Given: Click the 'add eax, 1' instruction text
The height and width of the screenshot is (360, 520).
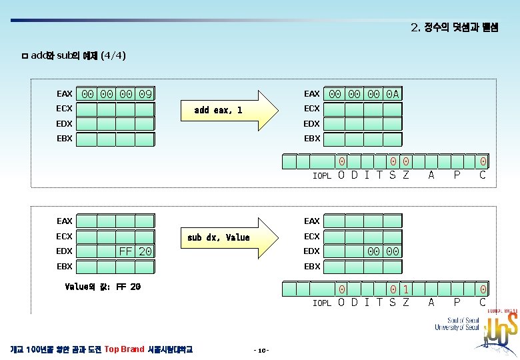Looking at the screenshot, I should [x=218, y=110].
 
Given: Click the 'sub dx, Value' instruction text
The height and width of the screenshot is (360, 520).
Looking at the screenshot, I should [x=219, y=237].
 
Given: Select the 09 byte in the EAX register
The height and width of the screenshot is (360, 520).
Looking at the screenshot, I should [x=145, y=94].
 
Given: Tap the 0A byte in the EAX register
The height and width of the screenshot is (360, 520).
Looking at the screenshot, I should [x=393, y=94].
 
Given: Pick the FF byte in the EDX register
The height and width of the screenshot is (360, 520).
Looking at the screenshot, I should [x=125, y=251].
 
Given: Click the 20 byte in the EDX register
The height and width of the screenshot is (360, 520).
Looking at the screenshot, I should [x=145, y=251].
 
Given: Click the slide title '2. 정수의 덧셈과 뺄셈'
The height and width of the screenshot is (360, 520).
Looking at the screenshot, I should [x=454, y=28].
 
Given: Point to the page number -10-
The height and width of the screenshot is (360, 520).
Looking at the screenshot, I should [x=261, y=350].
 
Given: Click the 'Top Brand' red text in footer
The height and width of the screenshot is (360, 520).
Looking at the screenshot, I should [x=125, y=349].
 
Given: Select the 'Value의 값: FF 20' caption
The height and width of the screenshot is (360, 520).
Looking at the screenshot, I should [x=103, y=287].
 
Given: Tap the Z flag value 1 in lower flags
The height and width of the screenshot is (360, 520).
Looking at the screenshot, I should [x=406, y=290].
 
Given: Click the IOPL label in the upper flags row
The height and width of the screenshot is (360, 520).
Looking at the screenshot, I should [x=322, y=176].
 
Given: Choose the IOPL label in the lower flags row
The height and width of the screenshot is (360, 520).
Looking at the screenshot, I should [x=322, y=303].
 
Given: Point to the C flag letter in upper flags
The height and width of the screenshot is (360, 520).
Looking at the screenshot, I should [x=483, y=175].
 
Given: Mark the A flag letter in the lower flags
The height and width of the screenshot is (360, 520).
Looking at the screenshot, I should [x=431, y=302].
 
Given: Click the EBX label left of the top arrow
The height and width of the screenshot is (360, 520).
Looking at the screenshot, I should [x=65, y=139].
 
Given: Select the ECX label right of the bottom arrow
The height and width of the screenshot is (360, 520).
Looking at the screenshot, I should [x=311, y=236].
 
